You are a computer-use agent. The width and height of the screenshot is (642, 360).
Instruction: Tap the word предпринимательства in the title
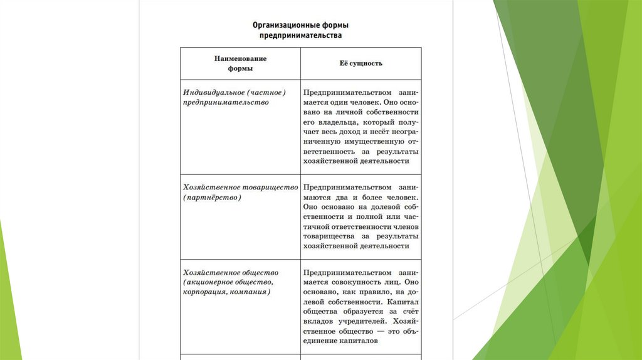[x=301, y=36]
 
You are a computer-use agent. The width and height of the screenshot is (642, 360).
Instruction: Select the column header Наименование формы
[x=240, y=63]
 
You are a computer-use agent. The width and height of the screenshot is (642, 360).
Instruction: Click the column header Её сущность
[x=360, y=63]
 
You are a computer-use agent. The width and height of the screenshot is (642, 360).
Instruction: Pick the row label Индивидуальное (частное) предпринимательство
[x=234, y=97]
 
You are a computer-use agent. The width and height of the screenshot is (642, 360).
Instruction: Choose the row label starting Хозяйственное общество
[x=231, y=282]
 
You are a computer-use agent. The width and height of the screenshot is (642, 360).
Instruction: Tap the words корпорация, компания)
[x=227, y=292]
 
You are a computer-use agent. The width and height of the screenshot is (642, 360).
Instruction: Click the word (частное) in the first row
[x=266, y=92]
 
